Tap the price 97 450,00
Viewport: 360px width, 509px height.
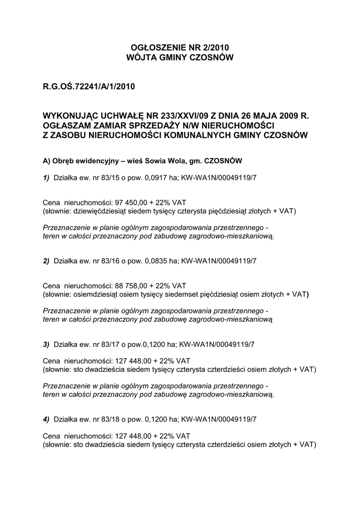131,203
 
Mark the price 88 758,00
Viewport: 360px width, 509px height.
131,286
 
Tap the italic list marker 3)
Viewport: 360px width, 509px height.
46,343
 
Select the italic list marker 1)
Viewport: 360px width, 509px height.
46,177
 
